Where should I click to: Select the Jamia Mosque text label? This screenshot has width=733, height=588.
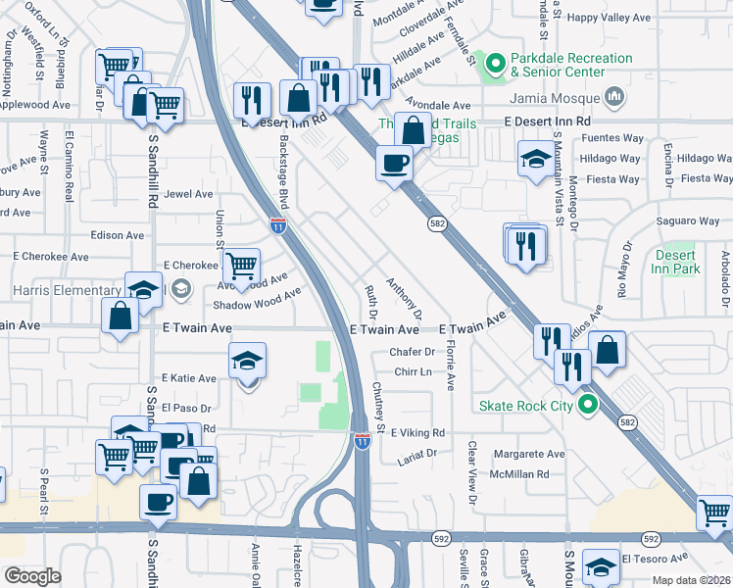[x=554, y=97]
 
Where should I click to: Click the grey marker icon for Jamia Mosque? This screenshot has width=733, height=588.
[x=614, y=96]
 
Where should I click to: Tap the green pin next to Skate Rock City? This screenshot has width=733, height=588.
[x=588, y=405]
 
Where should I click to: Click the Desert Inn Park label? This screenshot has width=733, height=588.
[x=676, y=262]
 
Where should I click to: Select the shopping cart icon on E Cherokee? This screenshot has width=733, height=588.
[x=241, y=264]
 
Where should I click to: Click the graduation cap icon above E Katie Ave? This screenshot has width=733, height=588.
[x=248, y=361]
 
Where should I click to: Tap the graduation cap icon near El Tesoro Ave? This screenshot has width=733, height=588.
[x=601, y=567]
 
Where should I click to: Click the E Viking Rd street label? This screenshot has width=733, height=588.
[x=417, y=432]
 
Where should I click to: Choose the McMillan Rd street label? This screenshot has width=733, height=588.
[x=521, y=473]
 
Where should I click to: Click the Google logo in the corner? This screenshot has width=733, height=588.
[x=32, y=576]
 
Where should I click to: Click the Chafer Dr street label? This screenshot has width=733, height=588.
[x=412, y=352]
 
